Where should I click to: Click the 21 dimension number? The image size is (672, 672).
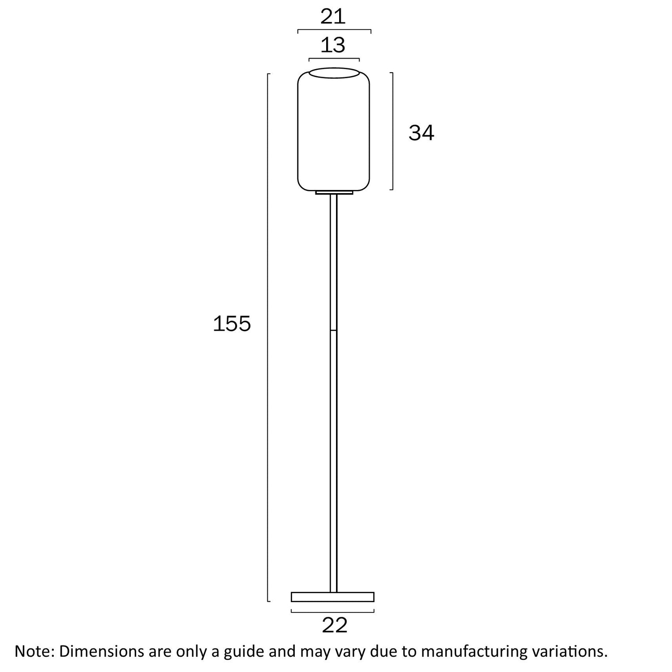pos(333,17)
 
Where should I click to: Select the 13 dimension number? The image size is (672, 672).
pos(333,45)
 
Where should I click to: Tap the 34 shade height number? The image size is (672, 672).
pos(421,133)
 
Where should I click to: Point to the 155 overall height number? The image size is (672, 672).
pos(232,323)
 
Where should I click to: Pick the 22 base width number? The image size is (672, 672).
pos(335,625)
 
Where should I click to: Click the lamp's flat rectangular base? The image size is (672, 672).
pos(332,597)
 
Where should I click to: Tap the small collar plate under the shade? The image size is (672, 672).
pos(334,193)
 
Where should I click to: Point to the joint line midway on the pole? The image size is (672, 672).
pos(334,331)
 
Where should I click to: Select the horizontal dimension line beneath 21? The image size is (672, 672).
pos(334,30)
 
